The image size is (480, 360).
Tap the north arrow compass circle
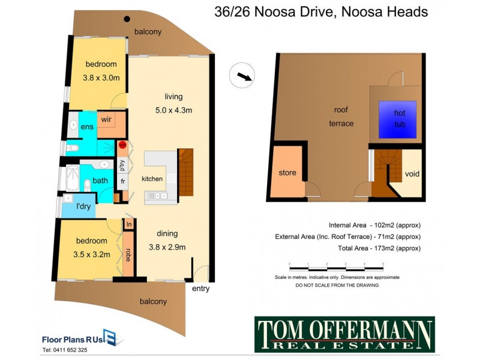[x=242, y=76]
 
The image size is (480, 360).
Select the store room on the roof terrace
[x=287, y=172]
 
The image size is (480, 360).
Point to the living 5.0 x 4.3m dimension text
[x=174, y=110]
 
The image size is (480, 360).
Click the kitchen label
[x=152, y=179]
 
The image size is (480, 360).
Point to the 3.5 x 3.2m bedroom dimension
[x=92, y=254]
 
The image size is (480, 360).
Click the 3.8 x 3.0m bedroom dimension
[x=101, y=77]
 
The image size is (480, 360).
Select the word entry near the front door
[x=201, y=289]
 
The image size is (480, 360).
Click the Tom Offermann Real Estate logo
[x=344, y=334]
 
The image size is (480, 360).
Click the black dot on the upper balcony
[x=127, y=19]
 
